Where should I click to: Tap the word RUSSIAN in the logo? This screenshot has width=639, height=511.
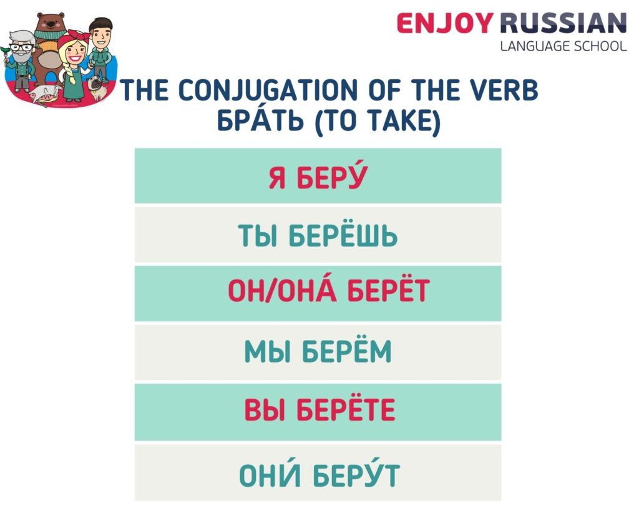tap(562, 23)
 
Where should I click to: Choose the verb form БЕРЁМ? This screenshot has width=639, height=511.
tap(347, 352)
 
